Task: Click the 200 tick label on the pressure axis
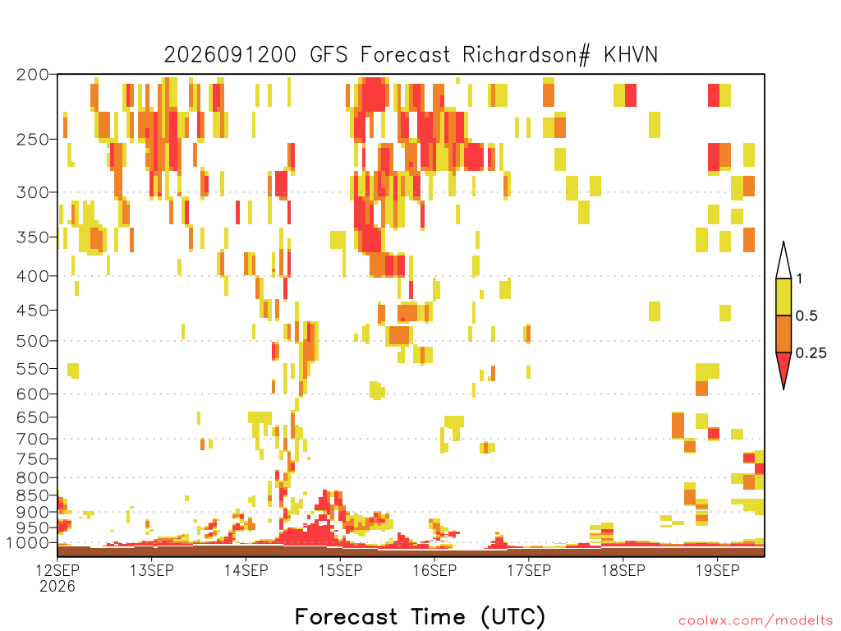pyautogui.click(x=32, y=75)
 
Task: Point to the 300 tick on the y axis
pyautogui.click(x=32, y=192)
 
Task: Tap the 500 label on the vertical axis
pyautogui.click(x=32, y=341)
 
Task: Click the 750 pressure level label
pyautogui.click(x=32, y=458)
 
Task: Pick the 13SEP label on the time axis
pyautogui.click(x=152, y=570)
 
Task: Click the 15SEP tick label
pyautogui.click(x=341, y=570)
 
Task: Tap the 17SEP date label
pyautogui.click(x=529, y=570)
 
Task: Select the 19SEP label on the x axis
pyautogui.click(x=718, y=570)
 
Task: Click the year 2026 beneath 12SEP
pyautogui.click(x=57, y=586)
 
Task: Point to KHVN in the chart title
pyautogui.click(x=631, y=55)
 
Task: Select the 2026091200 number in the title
pyautogui.click(x=230, y=55)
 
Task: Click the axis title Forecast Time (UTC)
pyautogui.click(x=420, y=617)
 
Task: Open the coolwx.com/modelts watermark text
pyautogui.click(x=756, y=621)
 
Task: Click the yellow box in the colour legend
pyautogui.click(x=784, y=297)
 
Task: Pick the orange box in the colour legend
pyautogui.click(x=784, y=334)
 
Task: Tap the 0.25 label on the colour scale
pyautogui.click(x=811, y=353)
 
